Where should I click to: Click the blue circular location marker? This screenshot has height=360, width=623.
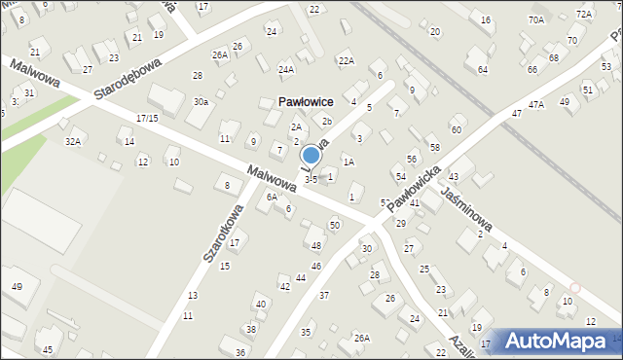pos(311,155)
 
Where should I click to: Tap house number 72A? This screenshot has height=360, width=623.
pos(583,14)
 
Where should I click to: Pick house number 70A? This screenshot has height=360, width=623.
pos(536,19)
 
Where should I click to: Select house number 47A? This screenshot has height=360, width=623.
pos(535,104)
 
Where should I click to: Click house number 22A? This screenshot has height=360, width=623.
pos(346,60)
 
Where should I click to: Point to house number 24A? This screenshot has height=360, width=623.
pos(285,69)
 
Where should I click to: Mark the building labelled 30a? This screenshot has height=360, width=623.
pos(200,101)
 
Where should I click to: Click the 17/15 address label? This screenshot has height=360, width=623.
pos(147,118)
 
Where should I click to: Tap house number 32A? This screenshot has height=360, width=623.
pos(72,141)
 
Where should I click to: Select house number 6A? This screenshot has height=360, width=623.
pos(272,197)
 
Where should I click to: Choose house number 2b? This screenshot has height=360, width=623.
pos(327,121)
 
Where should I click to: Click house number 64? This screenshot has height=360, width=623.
pos(483,70)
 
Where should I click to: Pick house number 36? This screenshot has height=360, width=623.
pos(240,351)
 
